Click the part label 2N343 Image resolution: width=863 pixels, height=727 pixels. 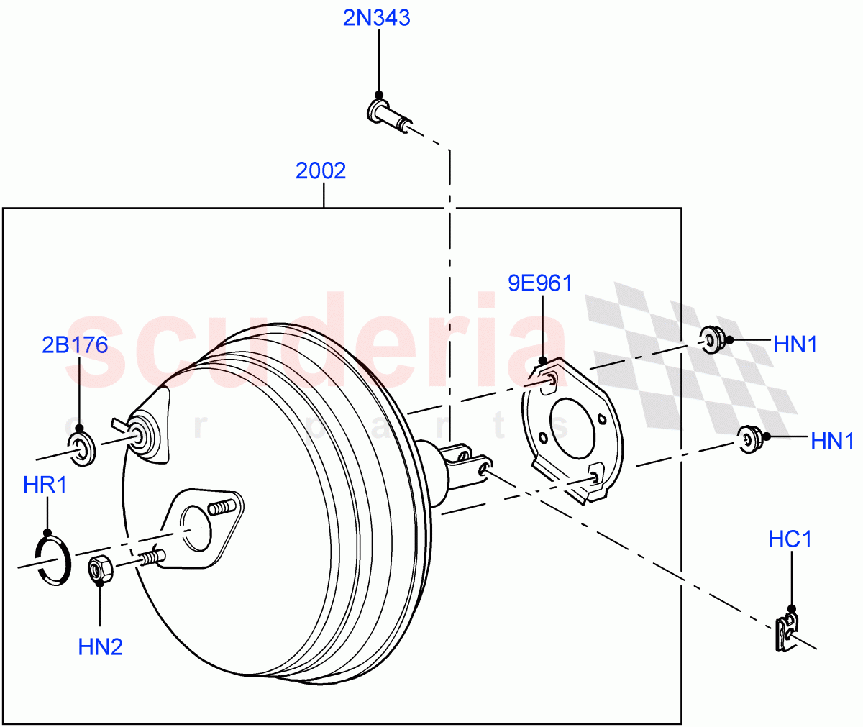coord(376,17)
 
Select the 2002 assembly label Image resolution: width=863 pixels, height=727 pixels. coord(321,170)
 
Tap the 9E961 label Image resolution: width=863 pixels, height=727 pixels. coord(540,283)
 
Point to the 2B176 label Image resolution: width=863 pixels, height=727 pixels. coord(75,345)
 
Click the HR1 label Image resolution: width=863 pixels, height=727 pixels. coord(45,485)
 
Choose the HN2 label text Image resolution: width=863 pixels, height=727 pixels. coord(100,647)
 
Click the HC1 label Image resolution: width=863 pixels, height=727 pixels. coord(790,539)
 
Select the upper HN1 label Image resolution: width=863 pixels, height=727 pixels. coord(795,345)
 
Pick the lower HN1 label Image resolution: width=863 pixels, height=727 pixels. coord(832,441)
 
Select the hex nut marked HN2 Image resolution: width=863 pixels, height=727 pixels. coord(100,570)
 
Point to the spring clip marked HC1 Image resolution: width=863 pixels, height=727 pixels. coord(787,633)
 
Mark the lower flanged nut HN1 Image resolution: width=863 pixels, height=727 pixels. coord(750,438)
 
